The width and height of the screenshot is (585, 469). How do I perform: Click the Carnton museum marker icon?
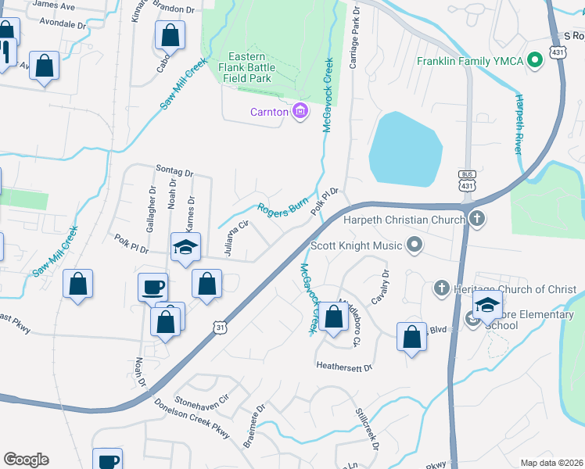click(x=300, y=112)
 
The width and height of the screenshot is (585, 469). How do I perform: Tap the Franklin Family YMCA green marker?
click(x=535, y=60)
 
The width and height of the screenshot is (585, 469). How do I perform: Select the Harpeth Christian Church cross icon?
click(x=475, y=220)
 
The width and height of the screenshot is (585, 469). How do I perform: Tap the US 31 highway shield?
click(x=221, y=328)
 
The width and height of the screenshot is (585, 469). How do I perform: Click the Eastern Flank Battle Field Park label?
click(x=250, y=68)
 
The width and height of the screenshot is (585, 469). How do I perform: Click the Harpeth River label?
click(x=518, y=124)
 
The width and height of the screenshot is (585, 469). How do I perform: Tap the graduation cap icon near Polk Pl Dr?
click(x=186, y=248)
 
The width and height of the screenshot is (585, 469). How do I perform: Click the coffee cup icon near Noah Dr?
click(x=153, y=286)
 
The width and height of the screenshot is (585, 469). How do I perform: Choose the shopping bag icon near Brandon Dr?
click(x=169, y=35)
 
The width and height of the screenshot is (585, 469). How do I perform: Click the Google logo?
click(x=26, y=460)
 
